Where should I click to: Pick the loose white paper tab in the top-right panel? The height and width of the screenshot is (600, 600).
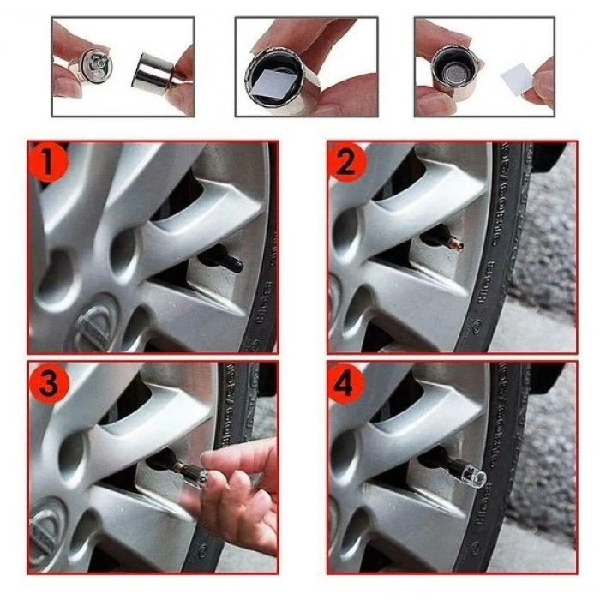tap(519, 81)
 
